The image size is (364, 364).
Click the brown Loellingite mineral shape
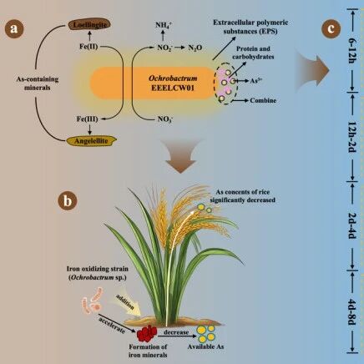point(89,24)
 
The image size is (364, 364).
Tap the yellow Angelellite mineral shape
point(91,141)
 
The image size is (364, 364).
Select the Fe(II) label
point(88,46)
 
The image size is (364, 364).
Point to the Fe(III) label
point(88,119)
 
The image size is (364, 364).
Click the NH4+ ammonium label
point(164,25)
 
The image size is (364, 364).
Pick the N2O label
point(195,48)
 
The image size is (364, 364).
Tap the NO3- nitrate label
point(165,119)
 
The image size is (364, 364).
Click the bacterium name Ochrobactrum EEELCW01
point(173,83)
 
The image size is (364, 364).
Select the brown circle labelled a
point(14,28)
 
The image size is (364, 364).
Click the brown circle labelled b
point(68,200)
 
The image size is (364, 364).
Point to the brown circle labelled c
point(331,28)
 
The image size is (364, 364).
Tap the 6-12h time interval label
point(352,50)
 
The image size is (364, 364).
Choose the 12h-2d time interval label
point(352,137)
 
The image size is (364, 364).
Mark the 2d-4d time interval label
point(352,225)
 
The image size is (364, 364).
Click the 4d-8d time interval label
point(352,312)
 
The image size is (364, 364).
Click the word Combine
point(263,100)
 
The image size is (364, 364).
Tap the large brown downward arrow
point(180,156)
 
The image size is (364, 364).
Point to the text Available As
point(205,346)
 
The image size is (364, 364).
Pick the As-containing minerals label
point(38,83)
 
